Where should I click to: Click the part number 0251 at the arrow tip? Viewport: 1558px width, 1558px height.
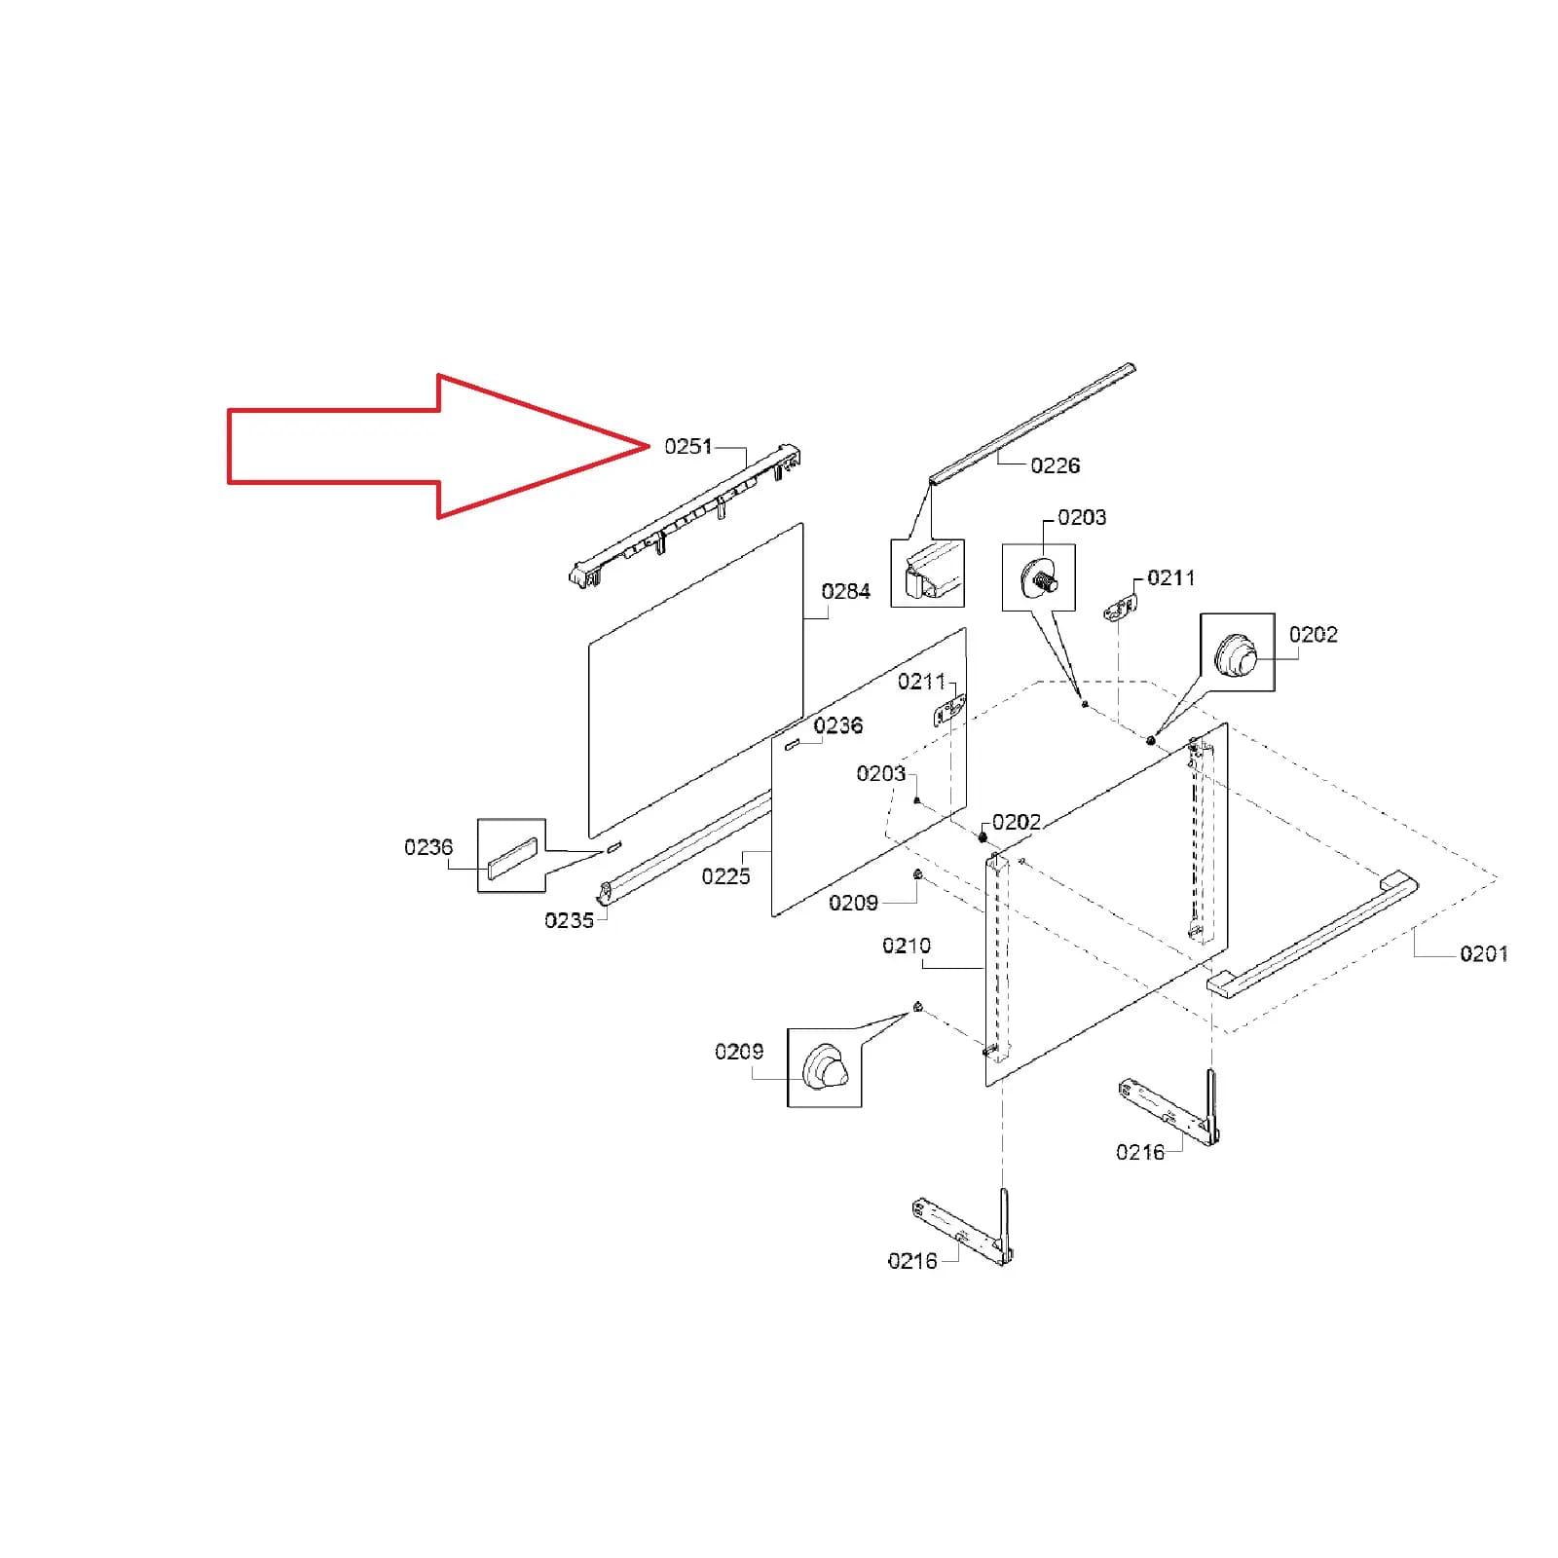(x=688, y=447)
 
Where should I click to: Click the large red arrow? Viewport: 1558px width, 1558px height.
(x=438, y=446)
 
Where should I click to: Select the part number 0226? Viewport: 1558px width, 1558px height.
(x=1056, y=466)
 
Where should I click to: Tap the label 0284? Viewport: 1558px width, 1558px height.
(x=846, y=592)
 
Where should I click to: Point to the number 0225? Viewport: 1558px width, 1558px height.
(x=726, y=876)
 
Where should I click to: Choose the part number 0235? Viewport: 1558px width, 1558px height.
(x=570, y=920)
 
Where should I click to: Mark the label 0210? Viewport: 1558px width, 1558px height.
(x=907, y=946)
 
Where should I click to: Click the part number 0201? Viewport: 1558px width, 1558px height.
(x=1484, y=954)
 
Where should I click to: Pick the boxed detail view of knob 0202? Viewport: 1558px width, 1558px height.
(x=1238, y=652)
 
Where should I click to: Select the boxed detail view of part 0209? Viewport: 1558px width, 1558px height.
(x=825, y=1067)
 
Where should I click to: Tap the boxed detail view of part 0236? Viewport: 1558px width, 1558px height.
(x=511, y=856)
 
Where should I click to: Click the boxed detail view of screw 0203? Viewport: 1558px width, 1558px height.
(x=1039, y=577)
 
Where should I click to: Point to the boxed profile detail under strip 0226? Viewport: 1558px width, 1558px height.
(x=928, y=574)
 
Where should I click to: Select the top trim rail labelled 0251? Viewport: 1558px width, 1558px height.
(x=685, y=517)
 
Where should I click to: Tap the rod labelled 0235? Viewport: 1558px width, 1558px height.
(x=685, y=848)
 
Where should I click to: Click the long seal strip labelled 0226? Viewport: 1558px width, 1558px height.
(x=1032, y=424)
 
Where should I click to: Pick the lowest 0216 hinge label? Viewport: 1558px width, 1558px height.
(x=912, y=1261)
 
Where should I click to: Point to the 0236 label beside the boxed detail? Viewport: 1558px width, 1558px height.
(x=429, y=847)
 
